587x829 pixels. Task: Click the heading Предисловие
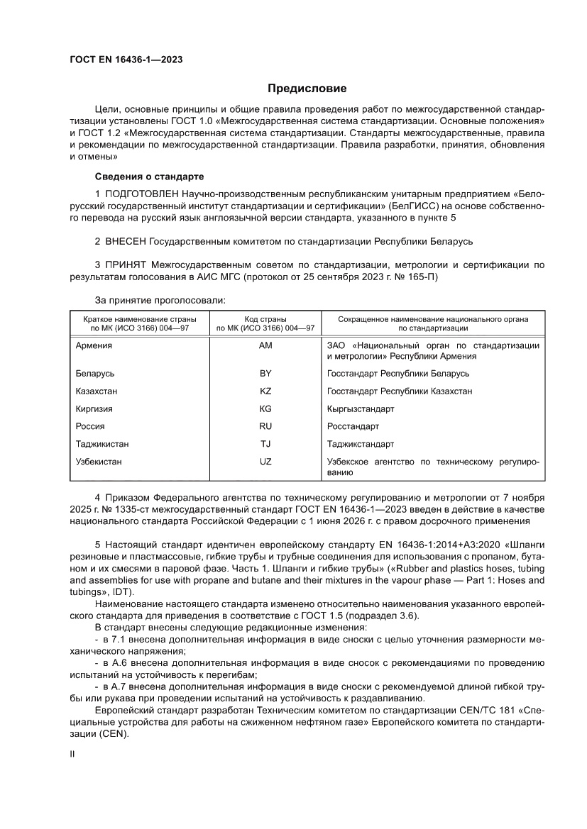pos(307,89)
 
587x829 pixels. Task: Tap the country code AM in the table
pos(266,345)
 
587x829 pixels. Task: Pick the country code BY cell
pos(266,373)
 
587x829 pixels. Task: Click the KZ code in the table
pos(266,391)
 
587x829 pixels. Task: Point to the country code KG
pos(266,408)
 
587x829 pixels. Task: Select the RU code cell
pos(266,426)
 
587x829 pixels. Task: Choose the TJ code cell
pos(266,444)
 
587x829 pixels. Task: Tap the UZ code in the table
pos(266,462)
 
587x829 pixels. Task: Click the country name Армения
pos(94,345)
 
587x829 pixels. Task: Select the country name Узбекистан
pos(99,462)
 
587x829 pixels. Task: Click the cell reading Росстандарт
pos(353,426)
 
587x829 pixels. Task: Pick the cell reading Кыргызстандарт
pos(361,408)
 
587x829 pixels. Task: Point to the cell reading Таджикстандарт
pos(361,444)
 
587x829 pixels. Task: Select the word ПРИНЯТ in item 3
pos(126,265)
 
